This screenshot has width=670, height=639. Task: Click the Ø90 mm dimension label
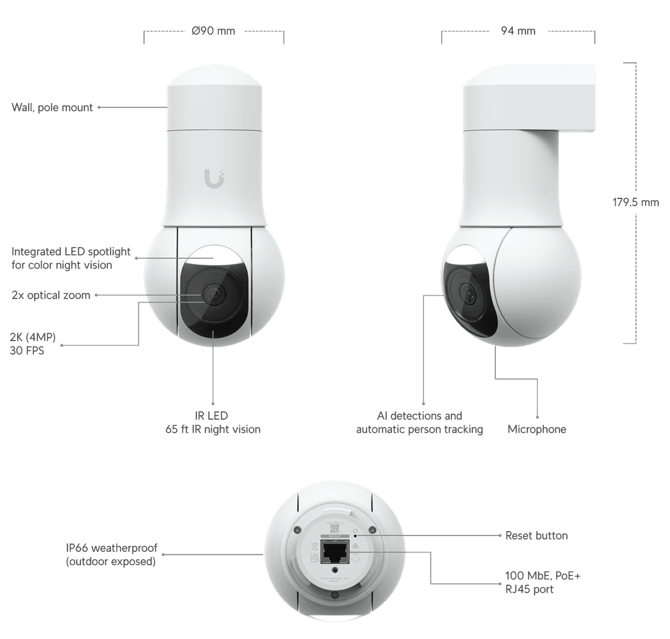point(213,31)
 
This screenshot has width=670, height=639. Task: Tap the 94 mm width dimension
point(518,31)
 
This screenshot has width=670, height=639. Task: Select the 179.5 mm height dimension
point(635,202)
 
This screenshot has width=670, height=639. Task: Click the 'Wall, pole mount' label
point(52,107)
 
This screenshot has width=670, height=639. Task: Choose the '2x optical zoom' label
point(51,295)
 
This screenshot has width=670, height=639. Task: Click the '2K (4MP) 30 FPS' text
point(33,344)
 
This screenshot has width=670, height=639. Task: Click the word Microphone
point(537,429)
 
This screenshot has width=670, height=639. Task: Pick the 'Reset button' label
point(537,536)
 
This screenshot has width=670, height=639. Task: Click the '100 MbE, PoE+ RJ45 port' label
point(542,583)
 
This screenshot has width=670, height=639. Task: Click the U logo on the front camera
point(214,178)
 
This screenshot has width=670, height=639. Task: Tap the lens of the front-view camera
point(213,293)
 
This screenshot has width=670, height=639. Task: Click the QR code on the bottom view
point(334,528)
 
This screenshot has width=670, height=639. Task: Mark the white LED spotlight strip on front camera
point(213,255)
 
